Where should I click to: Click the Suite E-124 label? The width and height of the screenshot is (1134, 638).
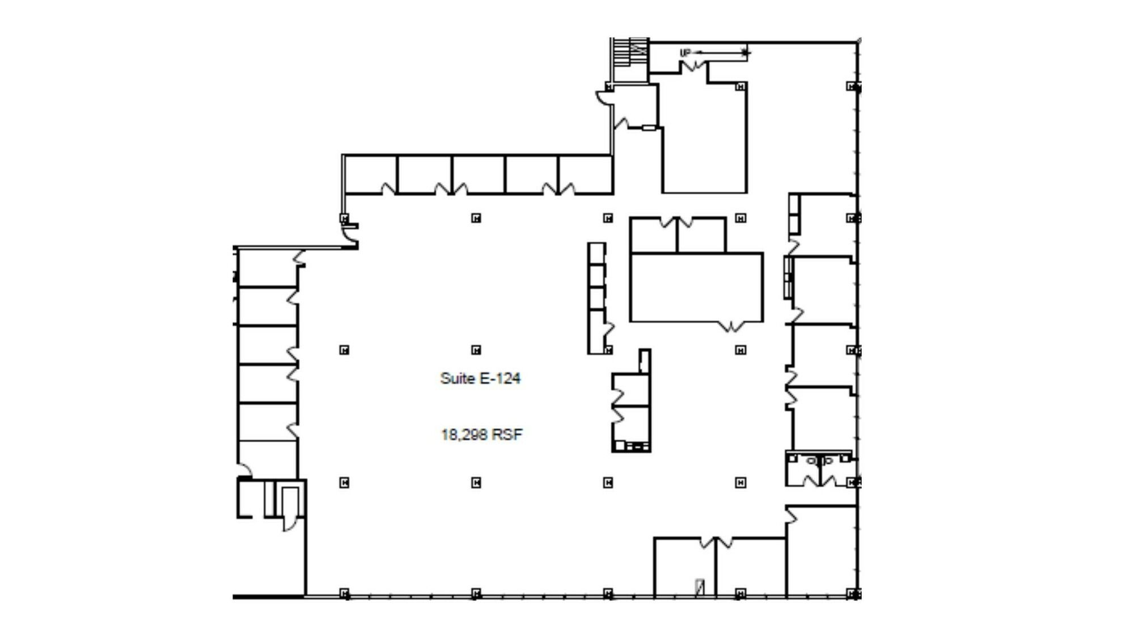[480, 378]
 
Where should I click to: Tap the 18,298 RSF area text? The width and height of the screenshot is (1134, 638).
[481, 434]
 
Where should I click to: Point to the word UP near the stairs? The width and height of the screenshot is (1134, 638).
[686, 53]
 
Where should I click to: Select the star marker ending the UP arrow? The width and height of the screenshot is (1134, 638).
[746, 53]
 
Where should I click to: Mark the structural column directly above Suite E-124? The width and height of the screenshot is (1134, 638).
[476, 349]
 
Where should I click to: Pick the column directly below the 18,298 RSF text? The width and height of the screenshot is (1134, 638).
[476, 482]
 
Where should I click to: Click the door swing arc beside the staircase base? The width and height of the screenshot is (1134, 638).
[603, 98]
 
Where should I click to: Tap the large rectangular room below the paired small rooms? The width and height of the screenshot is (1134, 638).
[696, 288]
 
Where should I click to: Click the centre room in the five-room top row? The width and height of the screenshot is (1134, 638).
[479, 175]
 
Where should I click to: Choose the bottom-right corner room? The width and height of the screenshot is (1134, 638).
[822, 551]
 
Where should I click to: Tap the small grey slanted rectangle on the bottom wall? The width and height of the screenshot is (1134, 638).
[700, 588]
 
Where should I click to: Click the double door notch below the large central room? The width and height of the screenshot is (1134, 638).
[731, 326]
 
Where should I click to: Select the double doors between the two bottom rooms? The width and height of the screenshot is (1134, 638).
[716, 542]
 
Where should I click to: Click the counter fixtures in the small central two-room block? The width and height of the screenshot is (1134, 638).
[632, 446]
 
